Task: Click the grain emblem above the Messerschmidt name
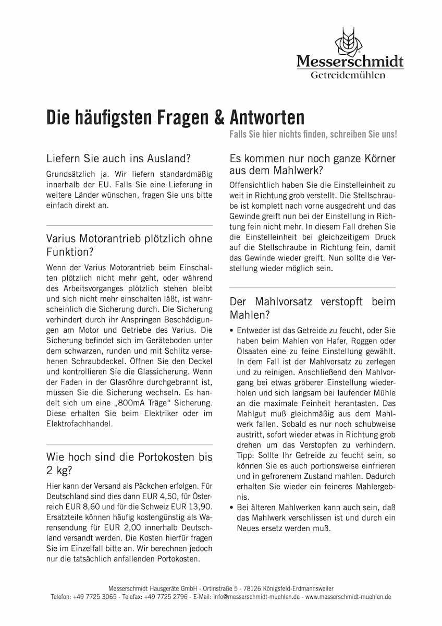point(350,42)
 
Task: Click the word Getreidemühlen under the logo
point(348,76)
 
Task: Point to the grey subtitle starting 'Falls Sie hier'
point(313,134)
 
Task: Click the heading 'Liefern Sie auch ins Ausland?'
point(118,158)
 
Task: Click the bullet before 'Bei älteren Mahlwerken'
point(231,508)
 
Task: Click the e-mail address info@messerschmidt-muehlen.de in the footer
point(257,596)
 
